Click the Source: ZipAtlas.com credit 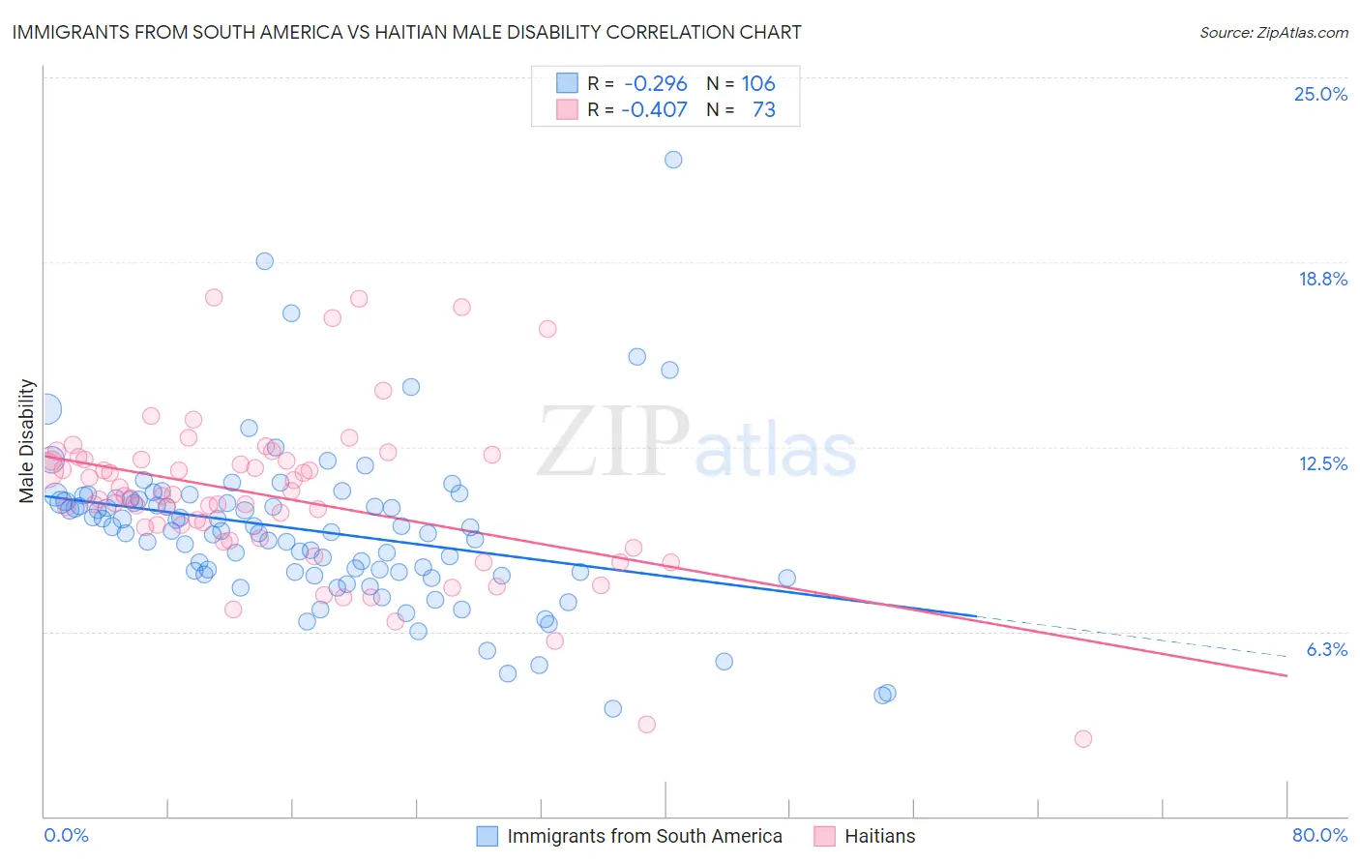(x=1273, y=32)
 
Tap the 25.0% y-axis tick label (x=1320, y=94)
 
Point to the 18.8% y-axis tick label (x=1322, y=279)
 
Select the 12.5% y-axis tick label (x=1322, y=463)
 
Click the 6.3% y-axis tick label (x=1326, y=649)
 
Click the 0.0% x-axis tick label (x=67, y=835)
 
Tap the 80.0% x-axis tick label (x=1319, y=835)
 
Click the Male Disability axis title (x=27, y=441)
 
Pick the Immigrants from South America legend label (x=644, y=836)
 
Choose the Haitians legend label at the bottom (x=879, y=836)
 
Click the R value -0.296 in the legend (x=655, y=83)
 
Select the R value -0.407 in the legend (x=655, y=109)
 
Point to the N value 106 (x=758, y=83)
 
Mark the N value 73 (x=763, y=109)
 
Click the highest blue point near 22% (x=673, y=160)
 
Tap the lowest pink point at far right (x=1083, y=738)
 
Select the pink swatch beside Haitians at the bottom (x=824, y=836)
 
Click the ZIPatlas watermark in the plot (x=696, y=441)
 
